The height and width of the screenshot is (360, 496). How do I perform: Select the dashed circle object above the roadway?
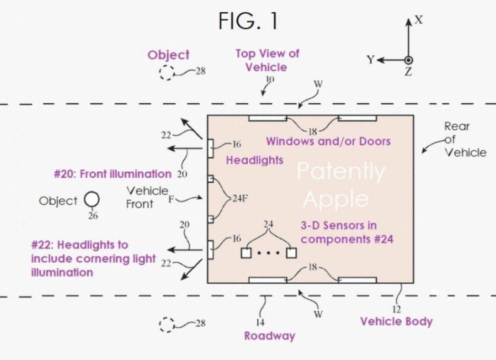(x=167, y=72)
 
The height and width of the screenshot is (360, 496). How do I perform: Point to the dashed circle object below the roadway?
(x=167, y=324)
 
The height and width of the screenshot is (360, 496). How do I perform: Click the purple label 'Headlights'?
(x=254, y=160)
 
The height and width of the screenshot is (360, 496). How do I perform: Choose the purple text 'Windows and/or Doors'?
(x=328, y=141)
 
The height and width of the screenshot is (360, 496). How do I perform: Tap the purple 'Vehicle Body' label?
(x=396, y=322)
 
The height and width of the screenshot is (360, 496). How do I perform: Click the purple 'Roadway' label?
(x=269, y=336)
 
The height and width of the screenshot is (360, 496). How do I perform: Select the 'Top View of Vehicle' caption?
(x=267, y=60)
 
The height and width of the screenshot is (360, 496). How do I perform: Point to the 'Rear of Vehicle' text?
(x=465, y=139)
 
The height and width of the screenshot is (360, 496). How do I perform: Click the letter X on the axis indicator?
(x=418, y=20)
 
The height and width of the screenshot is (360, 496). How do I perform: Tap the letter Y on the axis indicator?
(x=371, y=60)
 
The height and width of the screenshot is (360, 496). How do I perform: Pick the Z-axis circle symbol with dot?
(x=408, y=60)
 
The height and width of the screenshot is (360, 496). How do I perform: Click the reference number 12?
(x=396, y=309)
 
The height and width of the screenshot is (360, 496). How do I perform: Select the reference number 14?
(x=260, y=323)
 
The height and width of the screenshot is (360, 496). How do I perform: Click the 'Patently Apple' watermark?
(x=340, y=185)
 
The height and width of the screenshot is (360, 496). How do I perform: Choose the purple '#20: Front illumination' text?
(x=112, y=174)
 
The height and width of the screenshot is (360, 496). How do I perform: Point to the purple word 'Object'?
(x=168, y=55)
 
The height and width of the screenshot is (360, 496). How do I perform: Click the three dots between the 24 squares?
(x=269, y=253)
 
